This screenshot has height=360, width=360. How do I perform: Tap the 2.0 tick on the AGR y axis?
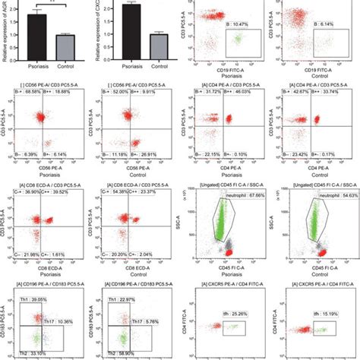click(17, 8)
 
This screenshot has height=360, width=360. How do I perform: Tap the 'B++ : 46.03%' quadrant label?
click(242, 92)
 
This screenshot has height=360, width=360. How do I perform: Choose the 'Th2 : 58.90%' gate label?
click(125, 355)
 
